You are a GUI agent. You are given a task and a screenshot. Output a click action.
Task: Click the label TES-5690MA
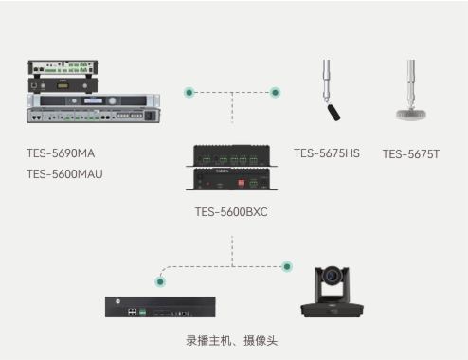(61, 153)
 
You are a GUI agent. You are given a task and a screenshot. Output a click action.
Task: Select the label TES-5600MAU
(64, 173)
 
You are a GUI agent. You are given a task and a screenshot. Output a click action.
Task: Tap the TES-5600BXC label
(231, 211)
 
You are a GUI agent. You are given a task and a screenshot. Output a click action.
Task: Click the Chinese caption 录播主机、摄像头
(231, 340)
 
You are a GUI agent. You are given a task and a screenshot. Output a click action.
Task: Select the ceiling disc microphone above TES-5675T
(412, 112)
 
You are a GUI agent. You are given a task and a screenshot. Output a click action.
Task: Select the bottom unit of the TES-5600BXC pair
(231, 178)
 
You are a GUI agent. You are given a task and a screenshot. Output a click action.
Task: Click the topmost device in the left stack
(63, 67)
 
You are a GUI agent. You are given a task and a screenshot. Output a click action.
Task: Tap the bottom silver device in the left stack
(91, 115)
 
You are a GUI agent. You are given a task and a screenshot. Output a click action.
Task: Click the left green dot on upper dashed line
(189, 93)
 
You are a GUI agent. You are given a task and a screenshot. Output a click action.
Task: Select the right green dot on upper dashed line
(275, 93)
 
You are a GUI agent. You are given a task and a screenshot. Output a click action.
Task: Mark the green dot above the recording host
(159, 280)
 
